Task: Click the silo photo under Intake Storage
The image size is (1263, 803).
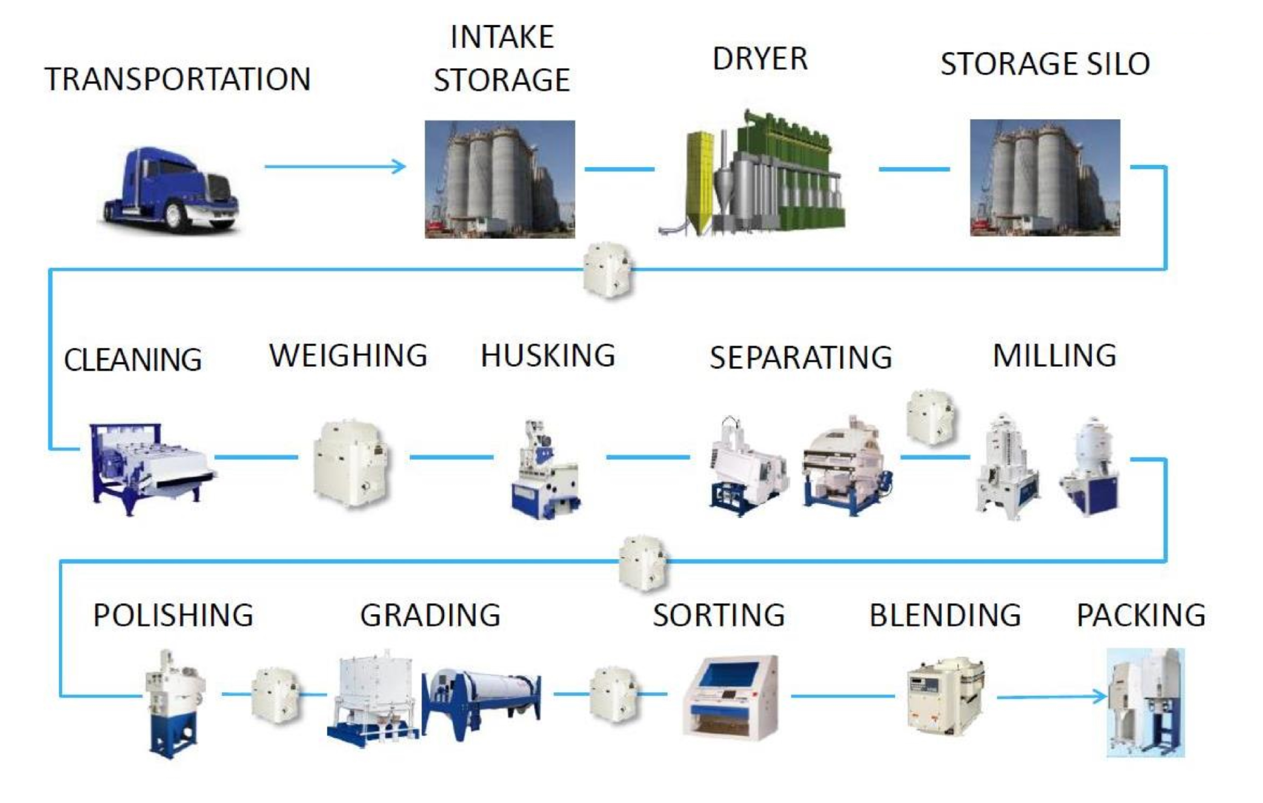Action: pyautogui.click(x=499, y=179)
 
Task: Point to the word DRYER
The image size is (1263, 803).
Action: pyautogui.click(x=760, y=59)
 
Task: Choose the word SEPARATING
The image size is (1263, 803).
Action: pyautogui.click(x=801, y=358)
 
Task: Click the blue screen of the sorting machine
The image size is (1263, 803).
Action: pyautogui.click(x=732, y=676)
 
